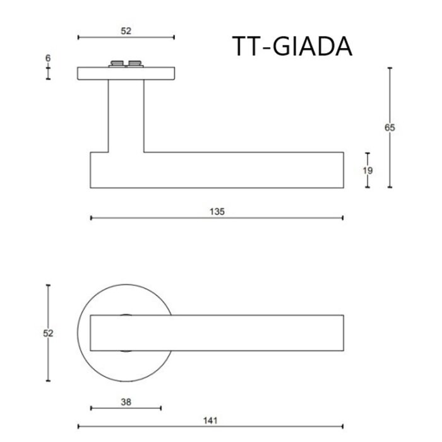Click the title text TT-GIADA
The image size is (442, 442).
(x=292, y=46)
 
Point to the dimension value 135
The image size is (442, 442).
(x=217, y=211)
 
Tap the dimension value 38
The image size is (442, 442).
(x=126, y=401)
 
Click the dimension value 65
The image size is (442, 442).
(x=390, y=128)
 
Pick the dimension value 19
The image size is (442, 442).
(x=368, y=170)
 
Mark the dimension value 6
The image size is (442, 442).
(x=48, y=58)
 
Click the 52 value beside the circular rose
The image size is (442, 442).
(x=48, y=333)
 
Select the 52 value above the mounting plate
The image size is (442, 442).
(x=126, y=30)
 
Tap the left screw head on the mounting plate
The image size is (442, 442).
(x=117, y=63)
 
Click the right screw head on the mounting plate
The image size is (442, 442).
(x=134, y=63)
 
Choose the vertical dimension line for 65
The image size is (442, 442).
(x=390, y=158)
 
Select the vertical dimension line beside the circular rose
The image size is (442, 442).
(x=48, y=360)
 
